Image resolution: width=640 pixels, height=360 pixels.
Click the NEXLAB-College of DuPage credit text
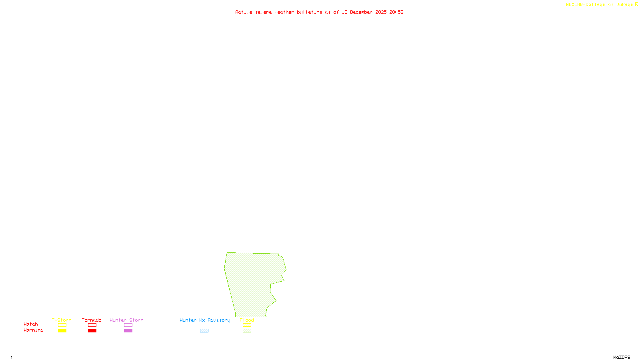pos(599,5)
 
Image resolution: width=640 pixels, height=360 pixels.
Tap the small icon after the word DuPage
pos(636,4)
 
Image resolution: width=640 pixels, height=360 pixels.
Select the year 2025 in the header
pos(381,12)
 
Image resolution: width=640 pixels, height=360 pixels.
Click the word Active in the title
pos(244,12)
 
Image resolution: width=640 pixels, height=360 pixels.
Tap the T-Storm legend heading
pos(62,320)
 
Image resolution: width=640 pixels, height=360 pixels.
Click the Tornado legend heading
pos(92,320)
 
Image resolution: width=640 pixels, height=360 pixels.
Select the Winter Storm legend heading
pos(126,320)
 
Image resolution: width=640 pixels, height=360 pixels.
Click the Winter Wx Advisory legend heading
pos(205,320)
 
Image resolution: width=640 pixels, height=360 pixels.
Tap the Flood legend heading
pos(247,320)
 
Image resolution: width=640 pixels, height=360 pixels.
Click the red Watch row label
pos(31,324)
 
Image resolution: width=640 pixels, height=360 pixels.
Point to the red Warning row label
pos(34,330)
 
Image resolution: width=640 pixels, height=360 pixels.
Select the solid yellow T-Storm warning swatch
pos(62,331)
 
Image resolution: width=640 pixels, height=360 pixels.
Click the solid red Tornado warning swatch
pos(92,331)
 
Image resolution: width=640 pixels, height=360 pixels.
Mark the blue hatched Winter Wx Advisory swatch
pos(204,331)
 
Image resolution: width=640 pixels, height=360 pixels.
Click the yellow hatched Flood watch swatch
pos(247,325)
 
